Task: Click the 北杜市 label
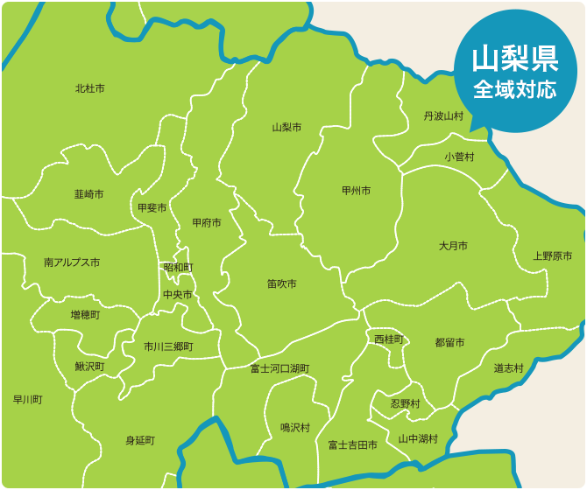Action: pos(89,88)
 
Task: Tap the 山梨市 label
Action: pos(286,127)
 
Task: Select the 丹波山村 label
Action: pos(443,115)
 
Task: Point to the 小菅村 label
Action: pos(458,157)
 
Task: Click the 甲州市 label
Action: pos(357,190)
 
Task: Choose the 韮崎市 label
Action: pos(88,193)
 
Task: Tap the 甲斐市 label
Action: pos(152,207)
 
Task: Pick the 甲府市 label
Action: pos(207,222)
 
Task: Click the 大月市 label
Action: pos(453,246)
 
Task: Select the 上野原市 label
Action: pos(553,256)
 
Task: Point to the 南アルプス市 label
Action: pos(72,262)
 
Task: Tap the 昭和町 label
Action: pos(179,267)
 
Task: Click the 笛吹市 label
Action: pos(282,284)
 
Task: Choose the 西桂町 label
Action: pos(389,339)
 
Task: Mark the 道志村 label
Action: pos(508,368)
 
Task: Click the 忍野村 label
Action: pos(405,403)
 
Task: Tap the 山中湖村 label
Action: pos(418,438)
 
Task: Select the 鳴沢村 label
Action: pos(295,427)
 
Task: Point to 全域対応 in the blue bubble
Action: pos(515,89)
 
